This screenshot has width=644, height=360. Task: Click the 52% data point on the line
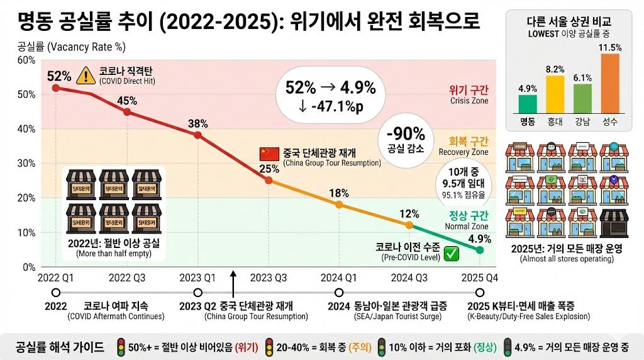[56, 88]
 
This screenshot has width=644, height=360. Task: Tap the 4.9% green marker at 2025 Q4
[480, 250]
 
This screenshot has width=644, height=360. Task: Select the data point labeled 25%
[269, 181]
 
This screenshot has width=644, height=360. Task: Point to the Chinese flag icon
[269, 154]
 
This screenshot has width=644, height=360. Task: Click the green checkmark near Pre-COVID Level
[450, 254]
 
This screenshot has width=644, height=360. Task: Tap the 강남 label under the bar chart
[582, 121]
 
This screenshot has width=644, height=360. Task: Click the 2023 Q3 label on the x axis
[269, 278]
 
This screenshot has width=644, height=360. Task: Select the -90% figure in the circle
[406, 134]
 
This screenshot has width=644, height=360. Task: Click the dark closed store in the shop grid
[614, 221]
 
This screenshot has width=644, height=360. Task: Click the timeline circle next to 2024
[339, 293]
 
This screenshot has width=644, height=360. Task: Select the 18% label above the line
[339, 193]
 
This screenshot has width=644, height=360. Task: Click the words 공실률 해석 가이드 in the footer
[60, 347]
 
